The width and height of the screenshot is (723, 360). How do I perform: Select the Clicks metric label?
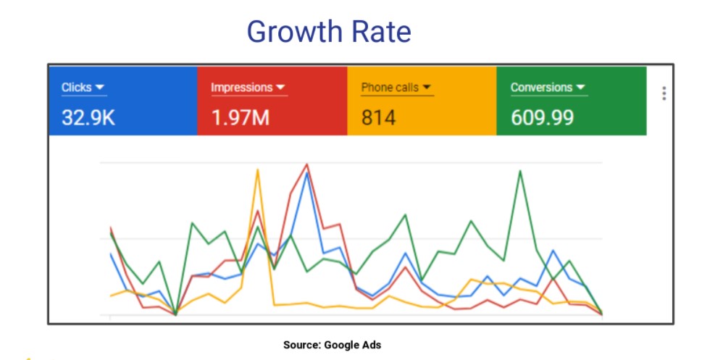(76, 88)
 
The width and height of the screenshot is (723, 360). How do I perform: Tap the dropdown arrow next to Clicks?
(101, 88)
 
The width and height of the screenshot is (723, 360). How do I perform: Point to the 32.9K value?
(88, 117)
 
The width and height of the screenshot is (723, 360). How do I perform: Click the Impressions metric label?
(241, 88)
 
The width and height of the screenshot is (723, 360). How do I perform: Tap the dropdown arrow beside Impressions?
(281, 88)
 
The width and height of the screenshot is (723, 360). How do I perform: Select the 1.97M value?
(241, 117)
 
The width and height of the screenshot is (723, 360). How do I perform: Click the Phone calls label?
(389, 88)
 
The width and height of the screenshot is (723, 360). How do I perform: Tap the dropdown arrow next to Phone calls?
(427, 88)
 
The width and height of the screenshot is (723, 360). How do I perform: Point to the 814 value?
(378, 117)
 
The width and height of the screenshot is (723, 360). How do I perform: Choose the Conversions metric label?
(541, 88)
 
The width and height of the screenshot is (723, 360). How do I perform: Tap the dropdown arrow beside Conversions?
(580, 88)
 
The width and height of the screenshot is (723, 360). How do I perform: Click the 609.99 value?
(543, 117)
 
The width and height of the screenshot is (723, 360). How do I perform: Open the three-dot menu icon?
(664, 93)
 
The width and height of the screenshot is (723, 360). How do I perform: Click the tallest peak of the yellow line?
(257, 169)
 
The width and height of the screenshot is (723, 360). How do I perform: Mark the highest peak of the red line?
(307, 164)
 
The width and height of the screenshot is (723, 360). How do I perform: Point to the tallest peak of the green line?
(520, 171)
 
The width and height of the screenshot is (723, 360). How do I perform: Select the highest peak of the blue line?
(308, 173)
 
